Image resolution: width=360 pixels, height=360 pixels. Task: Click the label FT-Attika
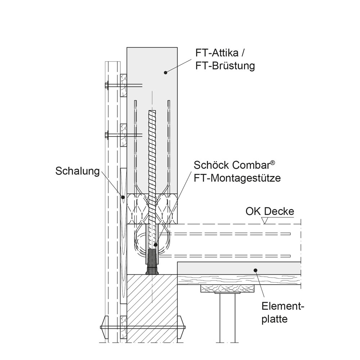(217, 53)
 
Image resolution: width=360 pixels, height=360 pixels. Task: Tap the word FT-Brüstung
(225, 66)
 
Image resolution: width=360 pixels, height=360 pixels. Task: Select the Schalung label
(77, 171)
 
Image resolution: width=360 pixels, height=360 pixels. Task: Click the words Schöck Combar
(231, 165)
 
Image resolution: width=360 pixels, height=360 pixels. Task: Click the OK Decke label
(270, 211)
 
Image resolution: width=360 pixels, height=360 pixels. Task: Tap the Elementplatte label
(283, 313)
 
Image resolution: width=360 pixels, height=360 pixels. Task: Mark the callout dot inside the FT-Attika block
(165, 73)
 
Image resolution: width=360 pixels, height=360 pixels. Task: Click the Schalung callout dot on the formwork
(123, 197)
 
